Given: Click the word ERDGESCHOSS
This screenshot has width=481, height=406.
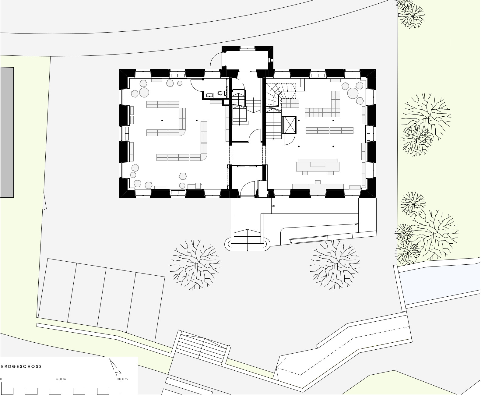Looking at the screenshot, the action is coord(21,366).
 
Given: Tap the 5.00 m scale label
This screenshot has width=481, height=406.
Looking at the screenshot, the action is coord(61,379).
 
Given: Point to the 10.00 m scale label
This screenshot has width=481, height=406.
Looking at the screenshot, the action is coord(122,379).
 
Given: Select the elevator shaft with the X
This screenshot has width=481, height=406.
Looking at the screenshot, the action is coord(289,125).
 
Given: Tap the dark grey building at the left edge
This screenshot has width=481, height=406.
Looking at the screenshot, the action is coord(7,132).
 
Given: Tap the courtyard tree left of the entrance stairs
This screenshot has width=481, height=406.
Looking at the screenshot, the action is coord(195,265).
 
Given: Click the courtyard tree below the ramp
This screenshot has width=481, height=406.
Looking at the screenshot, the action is coord(335,265).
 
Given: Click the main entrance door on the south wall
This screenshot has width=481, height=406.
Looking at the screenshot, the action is coord(247,189).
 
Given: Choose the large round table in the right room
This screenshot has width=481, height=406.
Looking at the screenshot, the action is coord(353,93).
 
